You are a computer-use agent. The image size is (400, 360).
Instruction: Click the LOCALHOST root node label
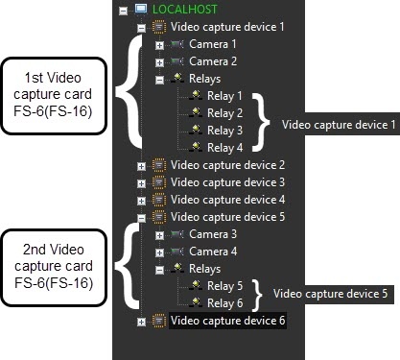point(185,10)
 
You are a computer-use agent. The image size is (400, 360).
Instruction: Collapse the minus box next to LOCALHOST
point(123,11)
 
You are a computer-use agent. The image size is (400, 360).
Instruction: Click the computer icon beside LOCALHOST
point(141,9)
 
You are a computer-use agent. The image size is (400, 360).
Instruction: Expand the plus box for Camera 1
point(159,45)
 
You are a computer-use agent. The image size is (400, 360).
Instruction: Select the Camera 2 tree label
point(213,61)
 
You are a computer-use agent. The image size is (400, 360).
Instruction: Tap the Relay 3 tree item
point(224,131)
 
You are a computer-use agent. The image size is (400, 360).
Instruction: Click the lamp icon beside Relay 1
point(196,95)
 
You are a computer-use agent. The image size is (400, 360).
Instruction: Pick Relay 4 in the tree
point(224,148)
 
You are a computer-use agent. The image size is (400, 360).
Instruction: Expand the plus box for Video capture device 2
point(141,166)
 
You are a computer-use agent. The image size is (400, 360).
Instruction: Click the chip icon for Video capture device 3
point(159,182)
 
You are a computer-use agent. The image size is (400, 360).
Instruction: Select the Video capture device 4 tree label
point(227,200)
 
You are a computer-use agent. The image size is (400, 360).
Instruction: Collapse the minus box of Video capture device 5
point(141,218)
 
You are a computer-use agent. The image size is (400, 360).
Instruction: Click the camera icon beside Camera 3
point(177,234)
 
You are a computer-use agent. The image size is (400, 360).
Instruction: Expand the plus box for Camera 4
point(159,252)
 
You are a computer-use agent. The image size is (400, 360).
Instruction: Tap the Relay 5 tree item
point(224,286)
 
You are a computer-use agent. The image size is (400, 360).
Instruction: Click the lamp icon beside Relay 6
point(196,302)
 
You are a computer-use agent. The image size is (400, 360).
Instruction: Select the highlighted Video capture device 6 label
point(227,321)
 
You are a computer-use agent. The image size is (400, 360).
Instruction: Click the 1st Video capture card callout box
point(54,96)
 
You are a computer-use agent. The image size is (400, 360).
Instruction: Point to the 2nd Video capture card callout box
point(54,268)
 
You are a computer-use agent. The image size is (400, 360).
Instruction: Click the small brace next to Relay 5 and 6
point(257,295)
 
